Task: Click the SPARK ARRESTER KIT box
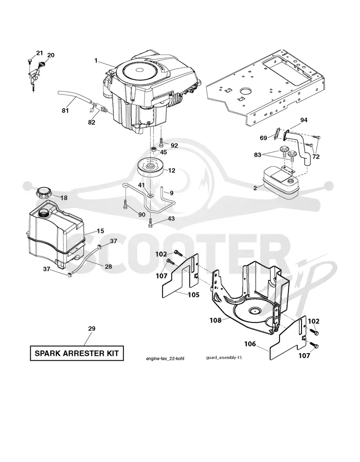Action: tap(76, 353)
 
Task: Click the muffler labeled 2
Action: tap(279, 184)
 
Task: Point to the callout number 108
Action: tap(215, 320)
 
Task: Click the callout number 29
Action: tap(92, 328)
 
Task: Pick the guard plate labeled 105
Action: tap(180, 275)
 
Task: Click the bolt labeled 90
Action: tap(125, 205)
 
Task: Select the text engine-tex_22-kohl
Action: tap(165, 359)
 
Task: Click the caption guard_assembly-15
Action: tap(224, 358)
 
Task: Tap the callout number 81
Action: tap(65, 110)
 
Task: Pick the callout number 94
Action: tap(304, 120)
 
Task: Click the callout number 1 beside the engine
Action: tap(96, 60)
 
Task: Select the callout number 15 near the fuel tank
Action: tap(100, 231)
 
